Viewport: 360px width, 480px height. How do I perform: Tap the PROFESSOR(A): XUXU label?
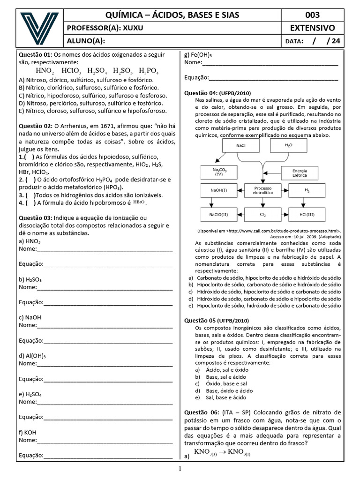(105, 28)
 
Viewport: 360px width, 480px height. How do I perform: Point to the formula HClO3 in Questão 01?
(72, 71)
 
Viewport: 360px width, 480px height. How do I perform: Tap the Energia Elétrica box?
(300, 173)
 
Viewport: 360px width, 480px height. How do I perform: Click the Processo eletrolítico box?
(263, 190)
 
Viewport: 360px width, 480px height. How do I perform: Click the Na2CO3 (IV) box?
(219, 172)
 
